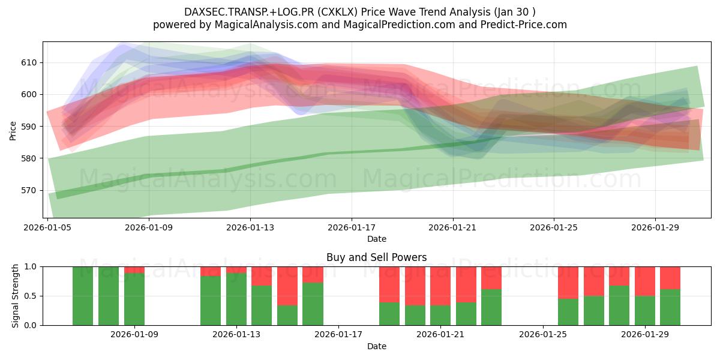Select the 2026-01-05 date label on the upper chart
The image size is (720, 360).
[x=48, y=228]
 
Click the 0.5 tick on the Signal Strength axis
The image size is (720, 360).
[x=30, y=296]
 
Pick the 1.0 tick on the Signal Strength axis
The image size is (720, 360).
[x=30, y=266]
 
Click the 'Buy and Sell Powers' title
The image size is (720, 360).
[x=376, y=257]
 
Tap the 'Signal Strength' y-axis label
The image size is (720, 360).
[x=16, y=296]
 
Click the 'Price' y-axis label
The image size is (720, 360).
[x=13, y=130]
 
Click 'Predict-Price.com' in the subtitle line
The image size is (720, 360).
[x=524, y=25]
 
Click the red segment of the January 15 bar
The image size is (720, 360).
[x=287, y=286]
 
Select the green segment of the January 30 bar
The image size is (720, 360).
[x=670, y=307]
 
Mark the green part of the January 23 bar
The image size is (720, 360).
[x=491, y=307]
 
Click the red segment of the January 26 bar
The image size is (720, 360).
[x=568, y=282]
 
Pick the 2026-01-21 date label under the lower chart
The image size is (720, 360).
[x=440, y=334]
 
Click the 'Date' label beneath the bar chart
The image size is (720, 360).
[x=376, y=346]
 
